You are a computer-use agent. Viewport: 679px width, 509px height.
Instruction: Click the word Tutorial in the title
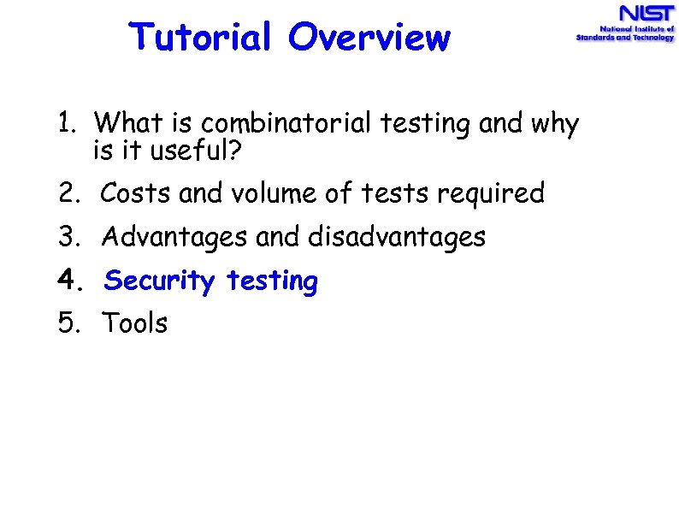pyautogui.click(x=201, y=37)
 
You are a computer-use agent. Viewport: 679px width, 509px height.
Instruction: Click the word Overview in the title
pyautogui.click(x=369, y=37)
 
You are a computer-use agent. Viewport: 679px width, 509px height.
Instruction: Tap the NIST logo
pyautogui.click(x=624, y=24)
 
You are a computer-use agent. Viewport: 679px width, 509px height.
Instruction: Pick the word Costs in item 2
pyautogui.click(x=136, y=194)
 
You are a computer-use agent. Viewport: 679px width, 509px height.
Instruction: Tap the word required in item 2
pyautogui.click(x=490, y=195)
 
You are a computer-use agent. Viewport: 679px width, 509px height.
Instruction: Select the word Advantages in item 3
pyautogui.click(x=175, y=237)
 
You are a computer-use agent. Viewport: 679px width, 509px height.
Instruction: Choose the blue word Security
pyautogui.click(x=159, y=281)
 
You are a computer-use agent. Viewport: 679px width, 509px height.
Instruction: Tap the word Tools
pyautogui.click(x=135, y=323)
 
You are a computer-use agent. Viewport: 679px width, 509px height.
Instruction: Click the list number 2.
pyautogui.click(x=68, y=194)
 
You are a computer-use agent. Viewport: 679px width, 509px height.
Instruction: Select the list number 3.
pyautogui.click(x=68, y=237)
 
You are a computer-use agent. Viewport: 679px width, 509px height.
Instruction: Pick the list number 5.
pyautogui.click(x=68, y=323)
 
